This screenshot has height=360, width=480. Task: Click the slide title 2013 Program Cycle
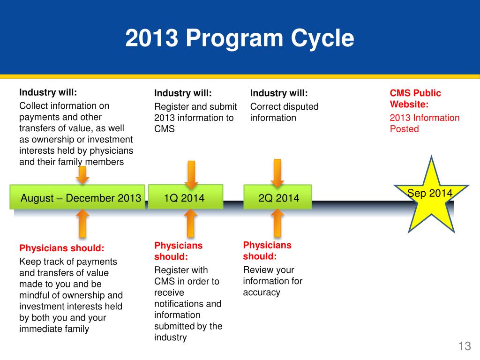(x=240, y=38)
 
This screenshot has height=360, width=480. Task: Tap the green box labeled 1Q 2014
(x=185, y=197)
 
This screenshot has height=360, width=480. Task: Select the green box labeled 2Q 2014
(x=278, y=198)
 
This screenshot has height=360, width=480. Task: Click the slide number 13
(x=464, y=346)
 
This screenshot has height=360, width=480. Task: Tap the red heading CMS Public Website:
(x=415, y=99)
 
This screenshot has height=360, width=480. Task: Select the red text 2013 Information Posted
(x=424, y=123)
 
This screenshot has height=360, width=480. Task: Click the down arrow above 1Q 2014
(x=191, y=174)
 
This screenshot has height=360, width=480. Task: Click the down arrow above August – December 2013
(x=82, y=175)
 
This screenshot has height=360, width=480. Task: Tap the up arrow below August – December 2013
(x=82, y=223)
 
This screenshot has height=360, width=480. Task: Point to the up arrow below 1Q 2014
(x=190, y=223)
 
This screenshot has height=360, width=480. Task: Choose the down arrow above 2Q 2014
(x=277, y=173)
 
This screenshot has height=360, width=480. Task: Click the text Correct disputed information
(x=284, y=112)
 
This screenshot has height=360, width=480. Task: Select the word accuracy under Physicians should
(x=262, y=292)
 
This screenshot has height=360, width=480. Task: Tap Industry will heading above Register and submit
(x=183, y=93)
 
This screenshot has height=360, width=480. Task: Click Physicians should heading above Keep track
(x=61, y=248)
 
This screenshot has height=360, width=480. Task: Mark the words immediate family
(x=54, y=329)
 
